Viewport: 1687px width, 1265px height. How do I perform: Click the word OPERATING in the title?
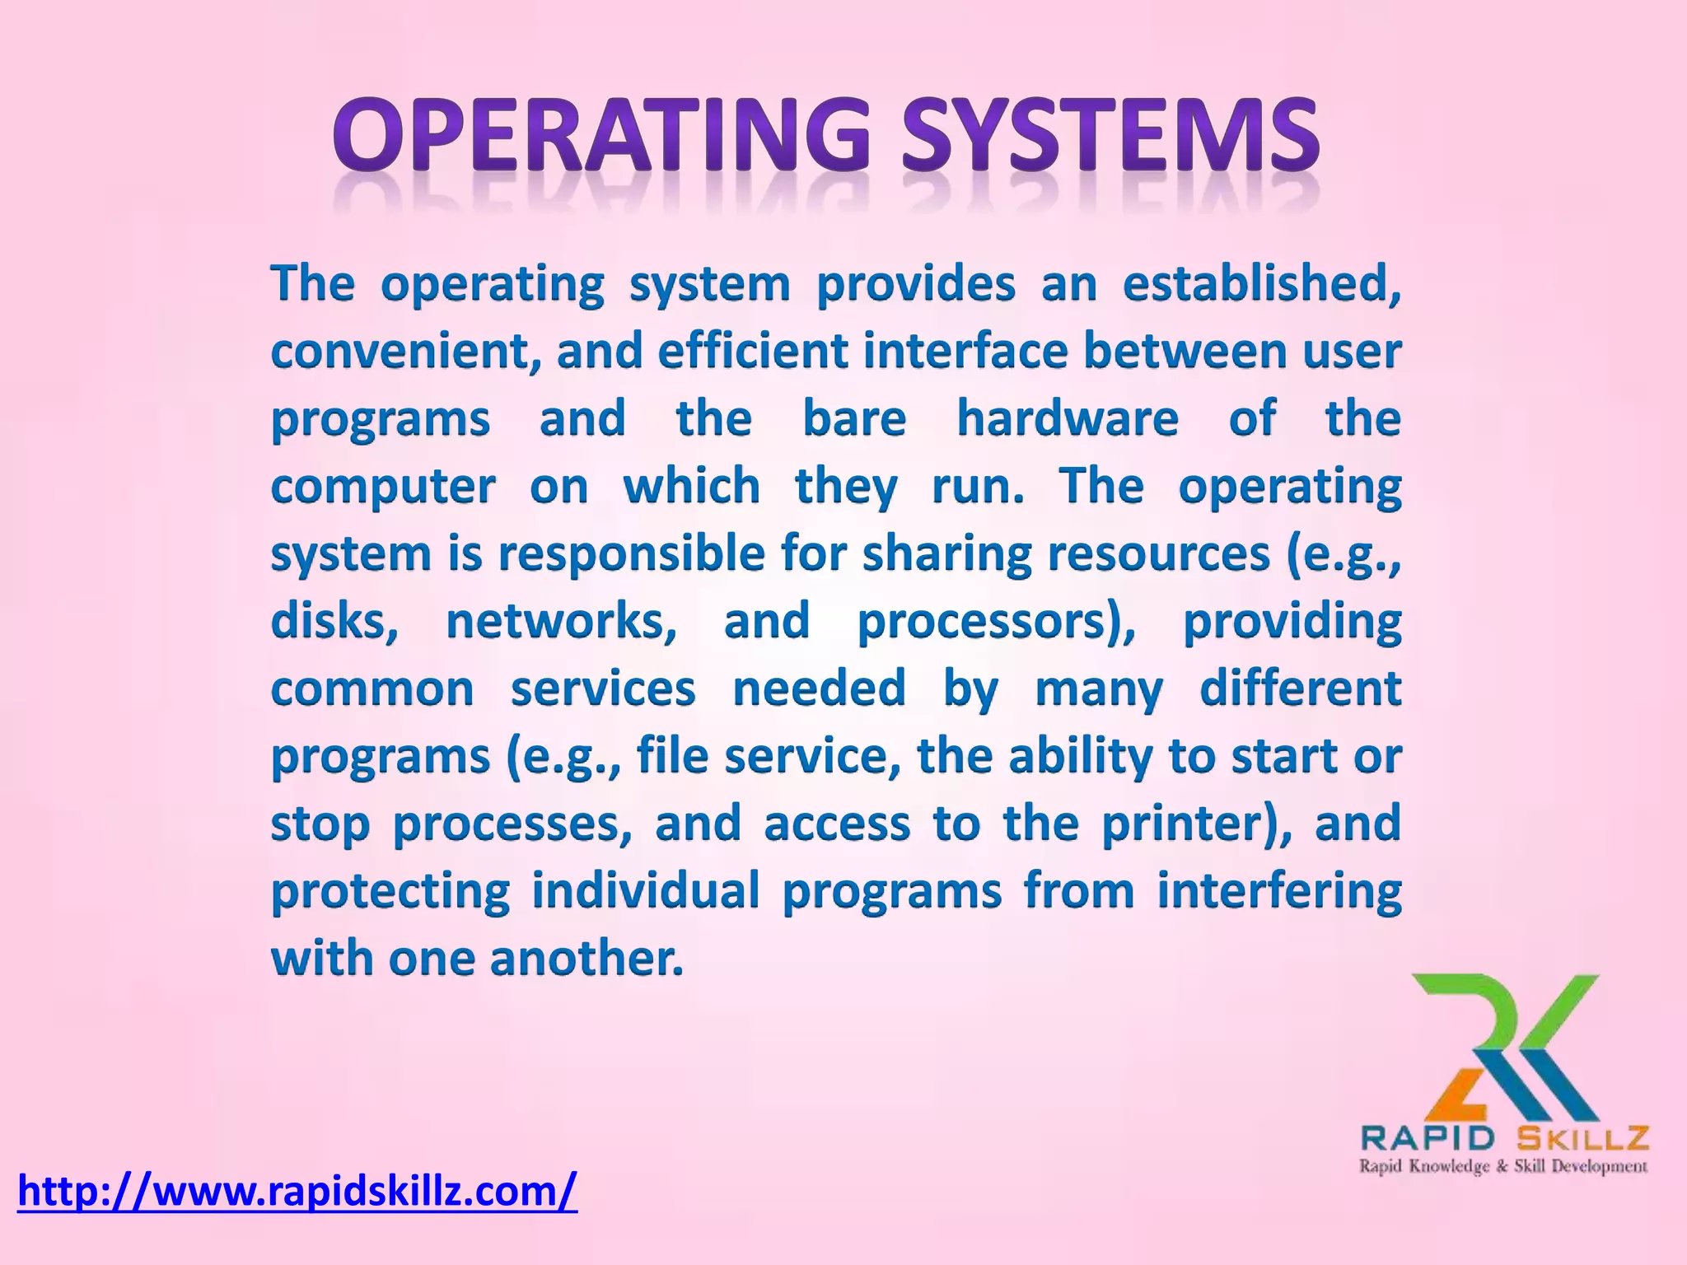[x=600, y=136]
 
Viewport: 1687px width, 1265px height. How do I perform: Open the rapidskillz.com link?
[x=297, y=1191]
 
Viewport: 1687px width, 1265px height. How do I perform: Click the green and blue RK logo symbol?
[x=1506, y=1046]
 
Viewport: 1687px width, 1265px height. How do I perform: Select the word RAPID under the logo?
[x=1428, y=1139]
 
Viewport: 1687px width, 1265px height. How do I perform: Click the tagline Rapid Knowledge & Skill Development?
[x=1503, y=1166]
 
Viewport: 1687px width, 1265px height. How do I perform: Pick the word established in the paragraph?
[x=1261, y=284]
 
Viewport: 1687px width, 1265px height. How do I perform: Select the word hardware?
[x=1068, y=419]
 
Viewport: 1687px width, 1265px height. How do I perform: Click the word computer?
[x=383, y=488]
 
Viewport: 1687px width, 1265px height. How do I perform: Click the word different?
[x=1300, y=689]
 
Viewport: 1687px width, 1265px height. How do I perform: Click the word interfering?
[x=1278, y=892]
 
